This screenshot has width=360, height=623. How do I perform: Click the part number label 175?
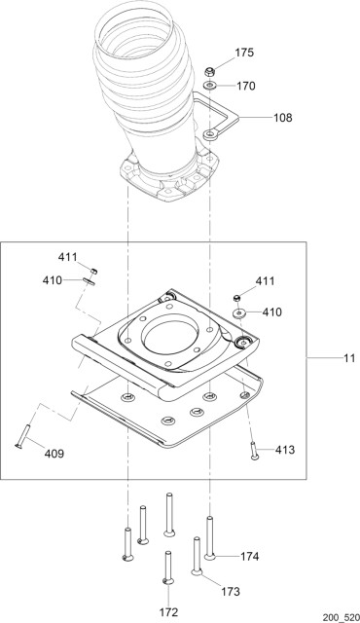click(x=244, y=52)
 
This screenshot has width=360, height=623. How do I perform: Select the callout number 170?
click(x=245, y=86)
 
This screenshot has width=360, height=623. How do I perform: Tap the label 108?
click(x=282, y=118)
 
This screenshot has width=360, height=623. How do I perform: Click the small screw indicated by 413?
click(x=254, y=450)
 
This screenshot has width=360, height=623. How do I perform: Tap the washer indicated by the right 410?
click(x=238, y=313)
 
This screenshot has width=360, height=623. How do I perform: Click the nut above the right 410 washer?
click(x=238, y=297)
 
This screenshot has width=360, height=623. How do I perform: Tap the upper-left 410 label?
click(x=53, y=280)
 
